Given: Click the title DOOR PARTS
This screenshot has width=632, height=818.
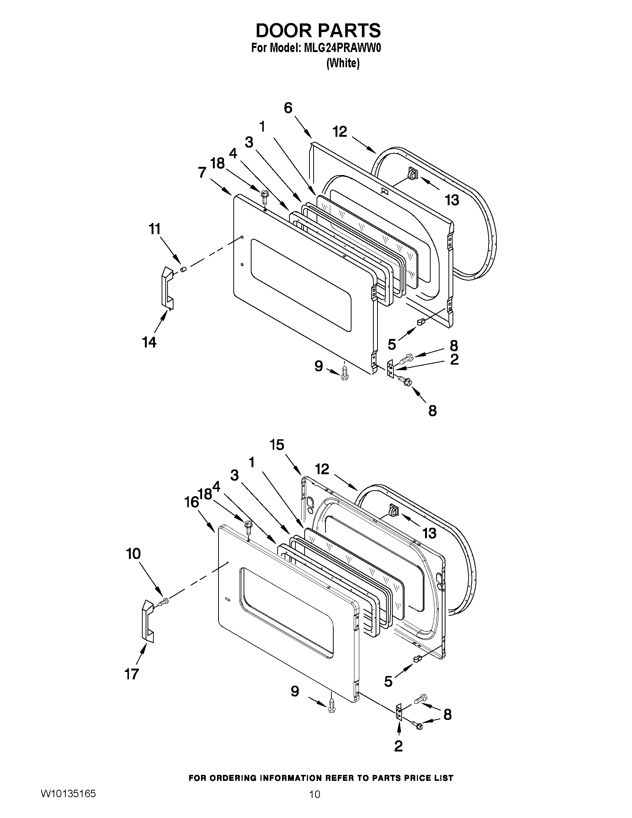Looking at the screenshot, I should point(318,30).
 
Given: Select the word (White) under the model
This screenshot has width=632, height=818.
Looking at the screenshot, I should point(343,64).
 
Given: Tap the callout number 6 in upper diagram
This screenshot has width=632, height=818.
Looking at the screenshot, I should point(288,108).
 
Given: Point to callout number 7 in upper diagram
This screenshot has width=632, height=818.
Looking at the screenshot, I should point(202,173).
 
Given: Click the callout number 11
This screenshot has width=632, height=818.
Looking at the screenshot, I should point(155,229).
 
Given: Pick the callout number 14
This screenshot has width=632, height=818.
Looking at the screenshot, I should point(149,342).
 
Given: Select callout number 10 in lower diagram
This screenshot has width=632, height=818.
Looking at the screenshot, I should point(133,554).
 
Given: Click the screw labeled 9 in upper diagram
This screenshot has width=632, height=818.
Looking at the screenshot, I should point(345,374).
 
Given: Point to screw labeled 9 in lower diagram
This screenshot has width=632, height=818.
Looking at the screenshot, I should point(331,707).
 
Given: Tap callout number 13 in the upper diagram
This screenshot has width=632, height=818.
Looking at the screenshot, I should point(452,200).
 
